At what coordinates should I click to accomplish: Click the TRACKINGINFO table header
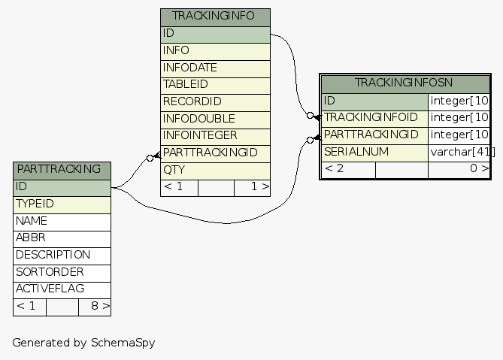coord(215,17)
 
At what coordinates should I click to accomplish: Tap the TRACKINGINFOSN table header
coord(405,83)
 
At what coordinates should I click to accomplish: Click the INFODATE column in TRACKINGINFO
coord(215,68)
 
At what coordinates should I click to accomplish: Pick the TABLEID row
coord(215,85)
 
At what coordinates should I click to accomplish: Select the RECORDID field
coord(215,101)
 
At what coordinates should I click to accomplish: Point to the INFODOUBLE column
coord(215,119)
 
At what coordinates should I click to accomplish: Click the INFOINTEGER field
coord(215,136)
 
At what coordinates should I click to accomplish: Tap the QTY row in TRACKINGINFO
coord(215,170)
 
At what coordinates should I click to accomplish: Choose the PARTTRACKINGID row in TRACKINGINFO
coord(215,153)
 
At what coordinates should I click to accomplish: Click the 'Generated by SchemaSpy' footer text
coord(83,343)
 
